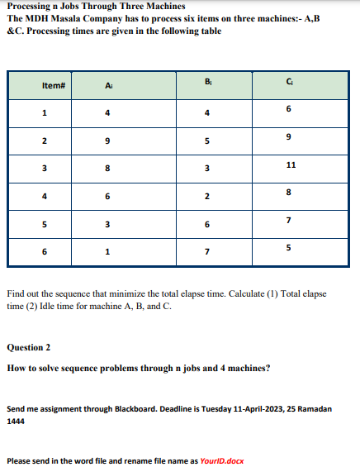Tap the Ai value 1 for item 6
[108, 253]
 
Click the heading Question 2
[29, 347]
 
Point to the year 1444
[16, 421]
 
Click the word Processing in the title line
[27, 7]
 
